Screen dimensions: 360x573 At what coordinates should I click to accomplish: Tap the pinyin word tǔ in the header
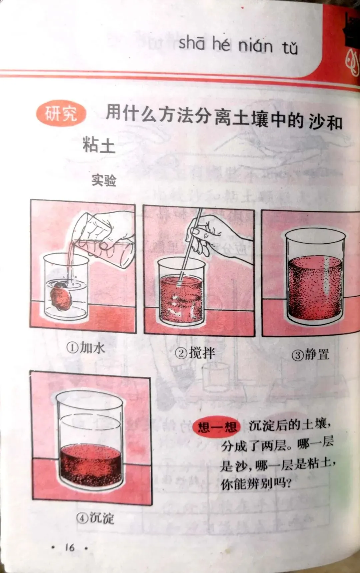290,48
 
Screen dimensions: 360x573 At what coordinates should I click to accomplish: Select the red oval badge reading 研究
61,113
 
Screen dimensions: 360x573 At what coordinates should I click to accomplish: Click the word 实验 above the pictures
104,180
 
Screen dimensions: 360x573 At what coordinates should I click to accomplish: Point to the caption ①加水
86,348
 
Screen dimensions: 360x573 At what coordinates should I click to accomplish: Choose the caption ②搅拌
195,353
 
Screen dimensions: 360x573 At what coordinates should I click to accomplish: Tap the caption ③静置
310,354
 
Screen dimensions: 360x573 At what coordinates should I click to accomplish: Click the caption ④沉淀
95,518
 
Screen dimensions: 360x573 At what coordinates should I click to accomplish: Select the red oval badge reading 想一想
217,427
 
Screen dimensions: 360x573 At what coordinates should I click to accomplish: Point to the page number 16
70,547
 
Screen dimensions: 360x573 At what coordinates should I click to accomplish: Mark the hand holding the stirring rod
217,233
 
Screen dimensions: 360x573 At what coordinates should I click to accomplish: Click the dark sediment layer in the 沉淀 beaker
91,465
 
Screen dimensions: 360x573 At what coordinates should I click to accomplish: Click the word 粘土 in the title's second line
99,145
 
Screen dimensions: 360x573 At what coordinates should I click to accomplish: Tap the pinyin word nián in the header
255,45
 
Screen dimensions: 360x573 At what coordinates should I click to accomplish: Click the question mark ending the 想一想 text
288,483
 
